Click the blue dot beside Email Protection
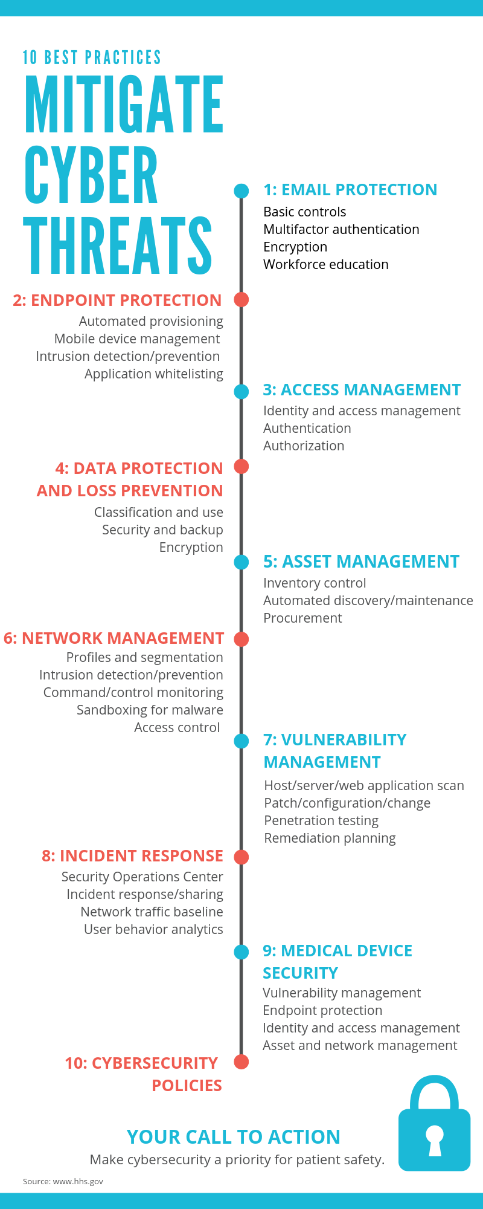[x=241, y=191]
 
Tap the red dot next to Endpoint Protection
[x=241, y=299]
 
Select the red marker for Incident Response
[x=241, y=857]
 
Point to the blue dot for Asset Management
[x=241, y=562]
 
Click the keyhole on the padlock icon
[x=434, y=1139]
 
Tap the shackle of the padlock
[x=434, y=1088]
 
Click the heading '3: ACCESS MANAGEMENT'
[x=362, y=390]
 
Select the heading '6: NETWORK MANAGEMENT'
[x=114, y=638]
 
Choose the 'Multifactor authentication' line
[x=341, y=230]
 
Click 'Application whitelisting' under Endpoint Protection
[x=154, y=374]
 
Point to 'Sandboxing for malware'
[x=150, y=710]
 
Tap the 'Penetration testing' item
[x=321, y=821]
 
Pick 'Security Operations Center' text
[x=142, y=877]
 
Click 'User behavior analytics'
[x=153, y=930]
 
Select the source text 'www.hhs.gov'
[x=78, y=1181]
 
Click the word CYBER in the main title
[x=91, y=176]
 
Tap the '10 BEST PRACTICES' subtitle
[x=92, y=57]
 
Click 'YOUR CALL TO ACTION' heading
[x=234, y=1137]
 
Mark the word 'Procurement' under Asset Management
[x=302, y=618]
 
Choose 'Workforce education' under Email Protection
[x=326, y=265]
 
